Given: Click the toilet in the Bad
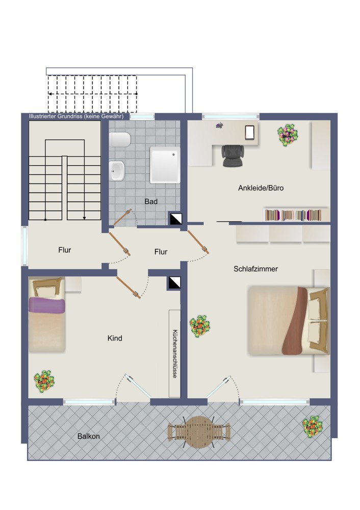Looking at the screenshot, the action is (x=120, y=140).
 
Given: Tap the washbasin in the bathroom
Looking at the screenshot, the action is (x=117, y=171).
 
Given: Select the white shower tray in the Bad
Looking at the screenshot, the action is (x=165, y=165).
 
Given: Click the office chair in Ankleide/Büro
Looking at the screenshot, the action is (x=233, y=156).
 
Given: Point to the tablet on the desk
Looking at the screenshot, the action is (x=250, y=133).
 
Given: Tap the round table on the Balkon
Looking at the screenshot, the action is (x=199, y=432).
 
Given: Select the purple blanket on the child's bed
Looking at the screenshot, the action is (x=47, y=305).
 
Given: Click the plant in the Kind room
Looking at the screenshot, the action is (x=44, y=381).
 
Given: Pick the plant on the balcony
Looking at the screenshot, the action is (x=313, y=427).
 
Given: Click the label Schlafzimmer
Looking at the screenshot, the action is (x=255, y=269).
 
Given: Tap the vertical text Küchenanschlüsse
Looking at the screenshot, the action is (x=175, y=354).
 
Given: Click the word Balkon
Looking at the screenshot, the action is (x=88, y=436).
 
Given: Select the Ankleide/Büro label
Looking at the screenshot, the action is (x=261, y=188).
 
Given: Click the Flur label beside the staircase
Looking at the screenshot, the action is (x=65, y=250).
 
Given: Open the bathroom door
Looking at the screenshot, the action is (x=122, y=217).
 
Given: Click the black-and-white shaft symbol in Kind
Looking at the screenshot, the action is (x=174, y=283).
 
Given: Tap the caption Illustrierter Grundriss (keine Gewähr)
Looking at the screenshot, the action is (x=76, y=116).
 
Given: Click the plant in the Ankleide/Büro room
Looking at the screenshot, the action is (x=288, y=135).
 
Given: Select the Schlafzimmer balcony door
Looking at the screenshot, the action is (x=219, y=387).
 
